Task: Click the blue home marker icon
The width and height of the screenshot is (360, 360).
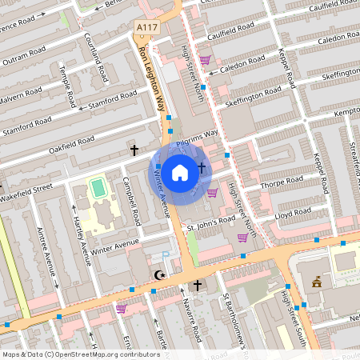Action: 180,171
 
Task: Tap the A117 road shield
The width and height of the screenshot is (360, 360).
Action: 145,27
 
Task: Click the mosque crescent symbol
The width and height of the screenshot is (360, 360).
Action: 162,275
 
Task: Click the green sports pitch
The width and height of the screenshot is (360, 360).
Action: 98,189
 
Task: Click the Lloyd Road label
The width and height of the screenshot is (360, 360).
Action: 292,214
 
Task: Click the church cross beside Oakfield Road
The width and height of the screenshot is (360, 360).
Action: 134,150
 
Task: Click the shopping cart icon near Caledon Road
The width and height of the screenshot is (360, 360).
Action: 206,59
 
